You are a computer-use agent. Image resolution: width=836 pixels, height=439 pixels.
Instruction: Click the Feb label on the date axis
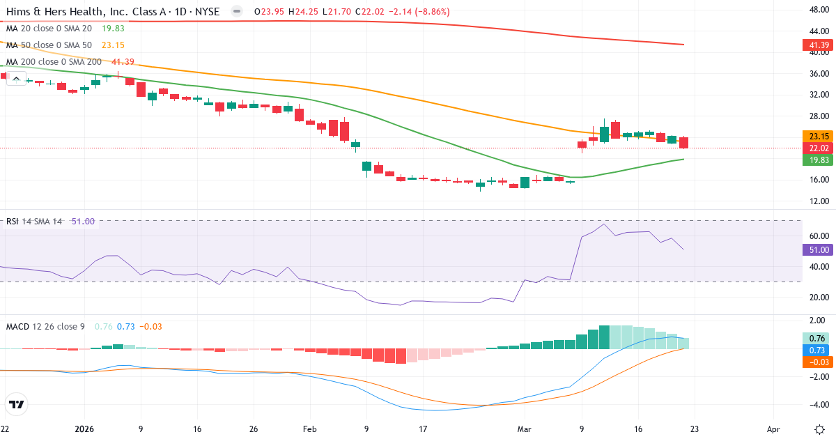pos(309,429)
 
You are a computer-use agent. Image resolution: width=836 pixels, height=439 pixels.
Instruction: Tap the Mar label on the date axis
pos(525,429)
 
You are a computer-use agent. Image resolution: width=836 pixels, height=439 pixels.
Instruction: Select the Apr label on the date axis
pos(773,429)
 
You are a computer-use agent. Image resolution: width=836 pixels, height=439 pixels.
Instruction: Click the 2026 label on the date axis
pos(84,429)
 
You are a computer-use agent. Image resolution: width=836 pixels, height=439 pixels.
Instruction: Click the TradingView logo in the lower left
pos(17,404)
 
